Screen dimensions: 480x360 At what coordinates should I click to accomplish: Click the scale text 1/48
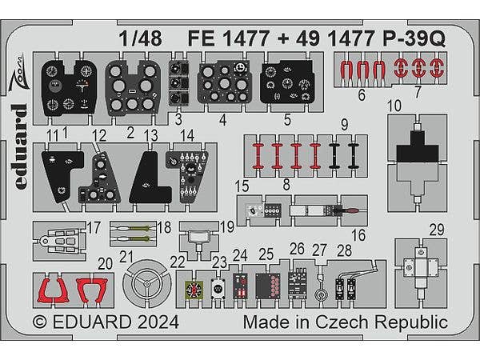[140, 39]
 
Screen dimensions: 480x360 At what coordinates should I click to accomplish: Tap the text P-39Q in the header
[414, 39]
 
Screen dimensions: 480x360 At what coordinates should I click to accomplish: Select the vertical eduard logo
[19, 146]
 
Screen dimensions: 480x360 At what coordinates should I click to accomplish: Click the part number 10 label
[394, 106]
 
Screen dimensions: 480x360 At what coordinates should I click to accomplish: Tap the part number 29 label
[437, 230]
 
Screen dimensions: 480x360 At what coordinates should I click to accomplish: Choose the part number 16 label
[358, 235]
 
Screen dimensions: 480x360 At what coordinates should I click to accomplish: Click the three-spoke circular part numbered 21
[147, 283]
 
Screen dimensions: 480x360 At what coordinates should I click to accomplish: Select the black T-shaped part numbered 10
[418, 147]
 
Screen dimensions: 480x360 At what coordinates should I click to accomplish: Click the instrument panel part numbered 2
[133, 88]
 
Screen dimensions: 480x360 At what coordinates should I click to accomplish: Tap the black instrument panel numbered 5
[287, 82]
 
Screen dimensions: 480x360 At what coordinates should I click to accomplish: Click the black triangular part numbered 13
[150, 178]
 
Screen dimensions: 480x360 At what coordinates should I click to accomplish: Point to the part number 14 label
[187, 136]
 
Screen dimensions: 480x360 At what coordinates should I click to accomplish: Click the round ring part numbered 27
[322, 294]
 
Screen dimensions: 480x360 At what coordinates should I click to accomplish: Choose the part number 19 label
[227, 227]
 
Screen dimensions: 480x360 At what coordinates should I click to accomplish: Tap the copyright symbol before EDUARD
[40, 322]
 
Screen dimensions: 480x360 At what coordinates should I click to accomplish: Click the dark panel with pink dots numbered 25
[268, 286]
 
